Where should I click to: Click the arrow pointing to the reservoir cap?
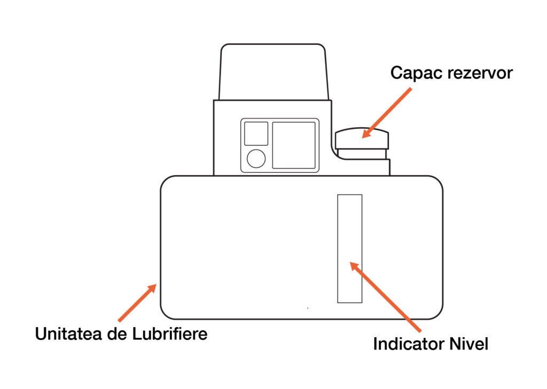[x=387, y=111]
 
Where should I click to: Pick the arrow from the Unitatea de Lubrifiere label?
[x=136, y=303]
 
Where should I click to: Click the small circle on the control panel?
[x=256, y=159]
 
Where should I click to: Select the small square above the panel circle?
[x=256, y=134]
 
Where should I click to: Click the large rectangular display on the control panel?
[x=294, y=145]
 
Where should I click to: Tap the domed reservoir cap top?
[x=362, y=138]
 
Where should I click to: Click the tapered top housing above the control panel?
[x=273, y=72]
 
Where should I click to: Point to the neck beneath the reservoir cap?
[x=362, y=154]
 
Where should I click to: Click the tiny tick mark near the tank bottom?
[x=308, y=308]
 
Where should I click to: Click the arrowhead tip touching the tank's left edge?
[x=155, y=285]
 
